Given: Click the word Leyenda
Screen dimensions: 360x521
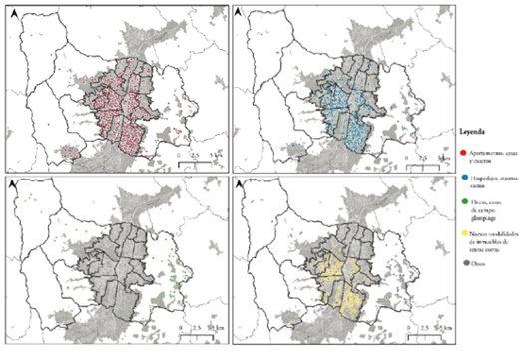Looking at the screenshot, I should pos(473,130).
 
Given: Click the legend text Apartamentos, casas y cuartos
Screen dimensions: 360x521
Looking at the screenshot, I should pos(490,152).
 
